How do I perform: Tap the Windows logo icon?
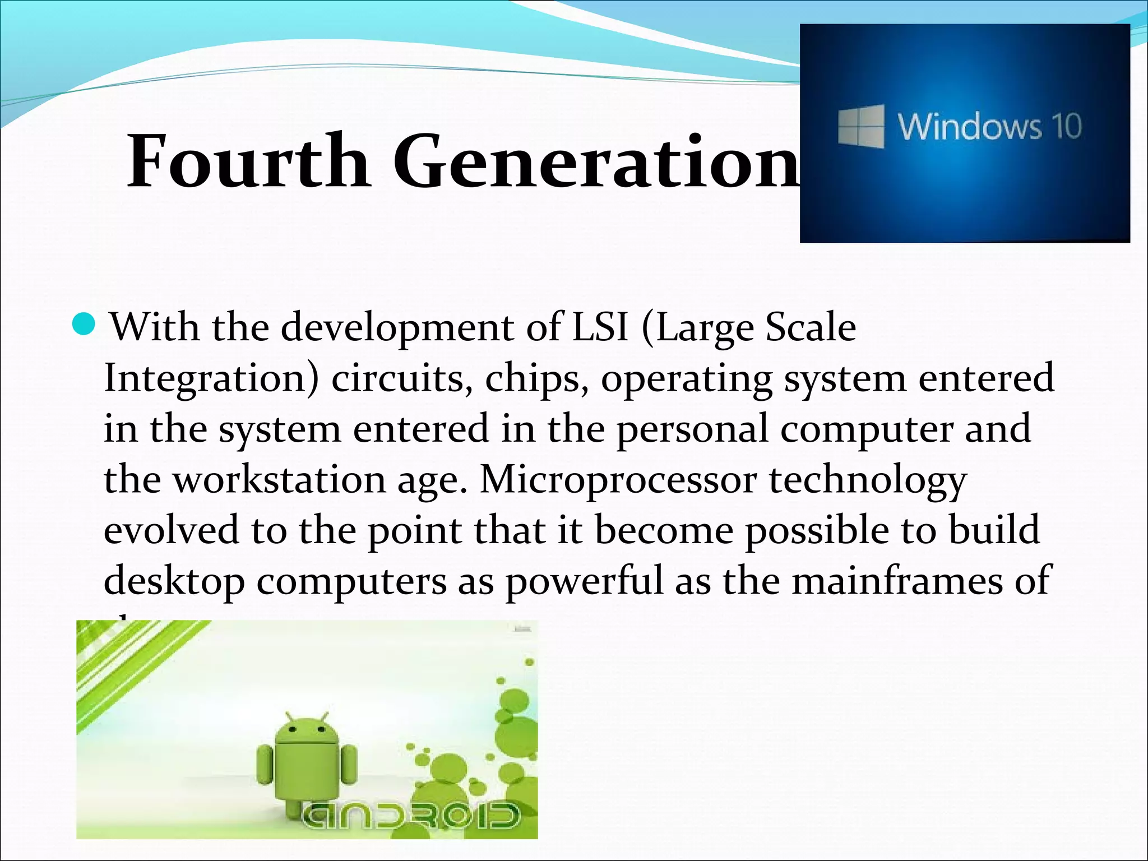[860, 127]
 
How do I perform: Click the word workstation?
[279, 480]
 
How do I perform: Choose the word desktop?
[174, 582]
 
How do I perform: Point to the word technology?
[868, 481]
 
